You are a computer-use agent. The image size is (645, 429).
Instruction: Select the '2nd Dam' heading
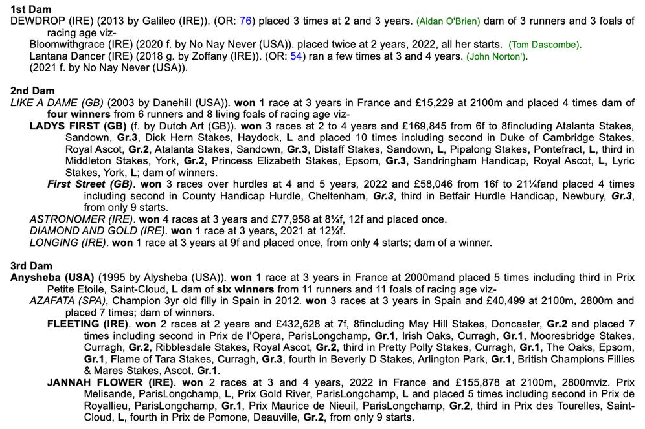pos(33,91)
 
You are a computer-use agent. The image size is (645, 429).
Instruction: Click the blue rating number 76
pos(245,21)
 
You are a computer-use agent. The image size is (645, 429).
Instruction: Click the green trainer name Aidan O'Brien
pos(449,21)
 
